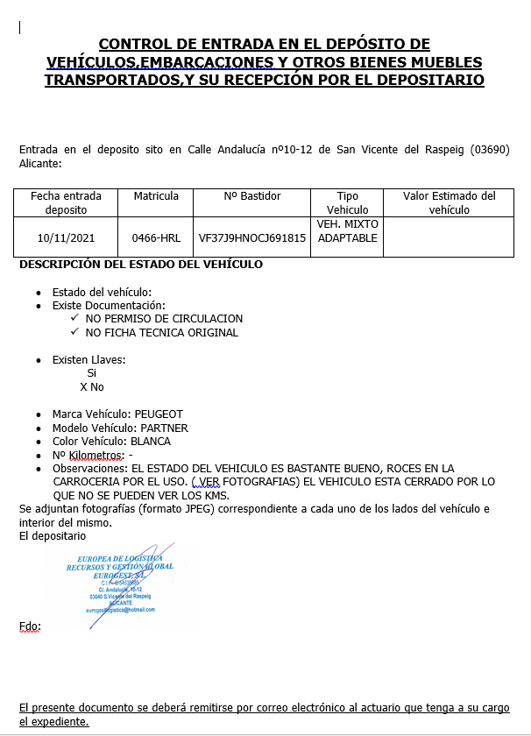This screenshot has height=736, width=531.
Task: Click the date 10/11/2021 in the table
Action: [x=66, y=237]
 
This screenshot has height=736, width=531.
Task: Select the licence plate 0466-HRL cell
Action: [x=156, y=237]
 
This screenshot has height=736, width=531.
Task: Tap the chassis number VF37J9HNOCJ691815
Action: [x=252, y=237]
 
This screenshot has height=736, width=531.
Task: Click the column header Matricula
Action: [x=156, y=196]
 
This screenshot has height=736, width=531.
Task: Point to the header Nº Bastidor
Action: [x=251, y=196]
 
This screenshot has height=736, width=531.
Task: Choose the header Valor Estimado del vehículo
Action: [x=450, y=202]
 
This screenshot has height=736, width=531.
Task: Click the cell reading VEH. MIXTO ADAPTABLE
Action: [x=347, y=230]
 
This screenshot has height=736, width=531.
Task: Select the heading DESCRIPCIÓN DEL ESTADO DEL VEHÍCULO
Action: [x=141, y=265]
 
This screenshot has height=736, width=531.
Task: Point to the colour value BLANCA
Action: [x=151, y=442]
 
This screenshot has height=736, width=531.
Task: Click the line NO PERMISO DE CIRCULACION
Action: [x=164, y=319]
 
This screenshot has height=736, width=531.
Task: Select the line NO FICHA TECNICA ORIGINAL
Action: [x=161, y=333]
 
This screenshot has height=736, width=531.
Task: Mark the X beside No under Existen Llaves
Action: [x=83, y=387]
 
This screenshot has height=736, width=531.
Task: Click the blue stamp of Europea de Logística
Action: [x=120, y=584]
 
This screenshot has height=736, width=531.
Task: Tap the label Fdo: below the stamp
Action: [x=30, y=626]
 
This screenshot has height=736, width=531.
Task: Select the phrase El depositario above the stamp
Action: [x=53, y=535]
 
